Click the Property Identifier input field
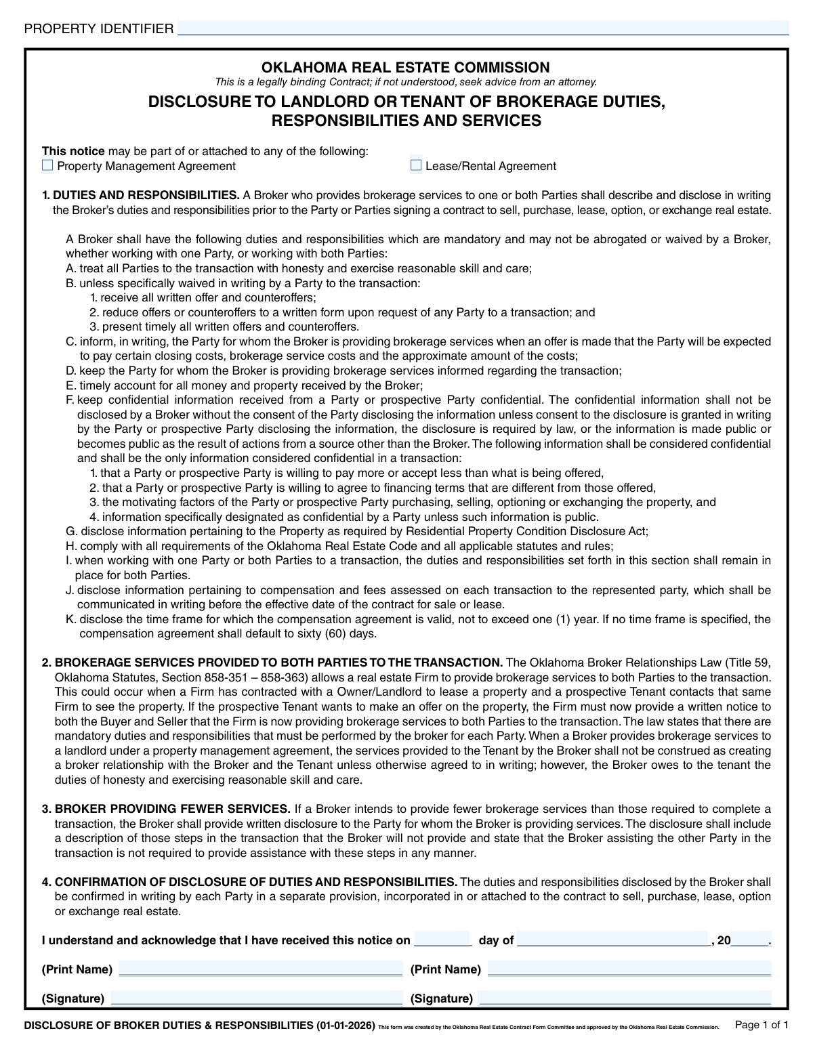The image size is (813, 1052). coord(482,28)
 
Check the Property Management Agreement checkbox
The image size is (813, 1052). coord(47,165)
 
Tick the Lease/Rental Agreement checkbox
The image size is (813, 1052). coord(416,165)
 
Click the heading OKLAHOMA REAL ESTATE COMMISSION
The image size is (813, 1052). coord(406,67)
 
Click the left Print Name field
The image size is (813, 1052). coord(260,969)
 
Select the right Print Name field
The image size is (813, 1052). coord(629,969)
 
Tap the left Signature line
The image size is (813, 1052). coord(256,998)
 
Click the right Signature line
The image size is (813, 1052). coord(625,998)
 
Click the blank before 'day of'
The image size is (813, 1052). coord(442,940)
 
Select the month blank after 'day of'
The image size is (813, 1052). coord(613,940)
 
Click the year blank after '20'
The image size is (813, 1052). coord(751,940)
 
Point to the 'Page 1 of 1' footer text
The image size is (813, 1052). coord(762,1025)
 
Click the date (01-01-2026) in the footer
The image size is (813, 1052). coord(345,1026)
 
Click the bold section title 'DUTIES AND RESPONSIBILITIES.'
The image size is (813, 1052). coord(146,195)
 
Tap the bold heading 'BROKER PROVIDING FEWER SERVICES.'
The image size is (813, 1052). coord(173,809)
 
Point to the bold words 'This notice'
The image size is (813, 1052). coord(73,151)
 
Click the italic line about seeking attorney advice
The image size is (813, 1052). coord(406,82)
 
